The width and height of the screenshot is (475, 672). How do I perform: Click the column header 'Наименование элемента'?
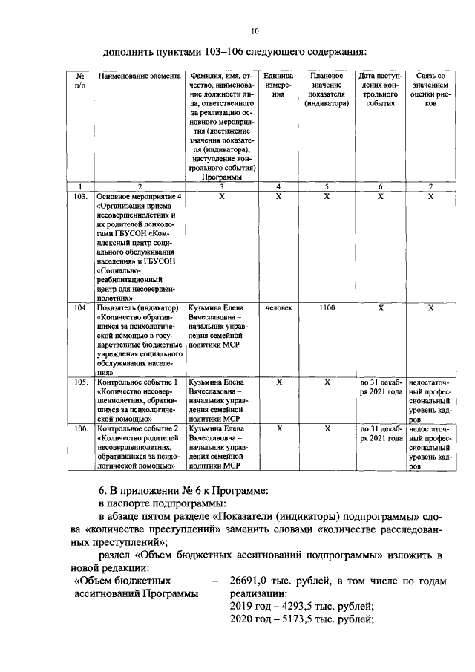(x=139, y=76)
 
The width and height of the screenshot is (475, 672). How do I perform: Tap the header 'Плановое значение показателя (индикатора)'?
(x=327, y=90)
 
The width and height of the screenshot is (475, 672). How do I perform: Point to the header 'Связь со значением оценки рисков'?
(x=430, y=90)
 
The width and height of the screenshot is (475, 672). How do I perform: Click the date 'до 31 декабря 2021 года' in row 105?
(x=381, y=386)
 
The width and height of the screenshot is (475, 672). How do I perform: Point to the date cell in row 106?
(x=381, y=434)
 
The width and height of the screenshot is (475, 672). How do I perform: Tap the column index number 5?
(x=327, y=186)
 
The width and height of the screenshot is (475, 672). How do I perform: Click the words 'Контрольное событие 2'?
(x=138, y=429)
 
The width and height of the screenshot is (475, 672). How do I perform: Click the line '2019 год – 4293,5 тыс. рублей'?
(x=301, y=607)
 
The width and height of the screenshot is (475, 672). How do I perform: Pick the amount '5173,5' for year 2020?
(x=301, y=619)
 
